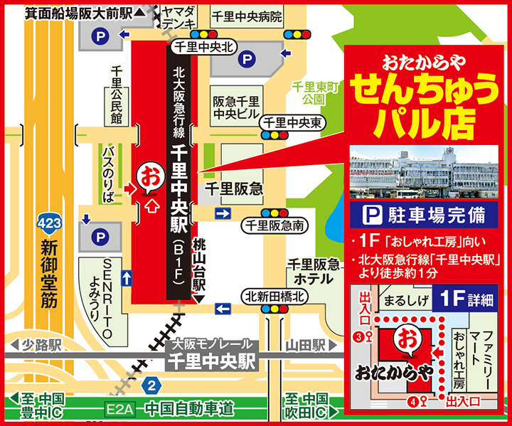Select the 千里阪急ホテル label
click(x=312, y=271)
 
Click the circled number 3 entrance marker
click(x=359, y=336)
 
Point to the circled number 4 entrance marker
click(x=413, y=402)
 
